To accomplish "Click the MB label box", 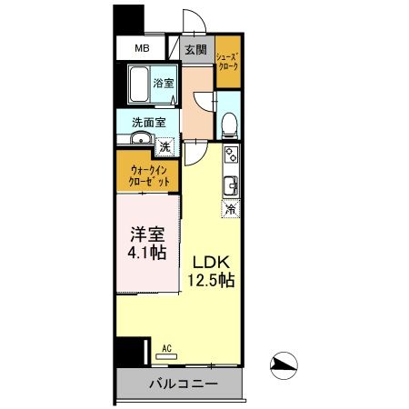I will point(142,48).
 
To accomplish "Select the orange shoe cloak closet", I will point(227,64).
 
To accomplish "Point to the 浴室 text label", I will point(163,82).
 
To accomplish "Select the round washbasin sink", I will point(139,139).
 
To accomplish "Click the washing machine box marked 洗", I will point(165,144).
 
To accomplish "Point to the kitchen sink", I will point(231,185).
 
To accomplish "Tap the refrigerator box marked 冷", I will point(231,209).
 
